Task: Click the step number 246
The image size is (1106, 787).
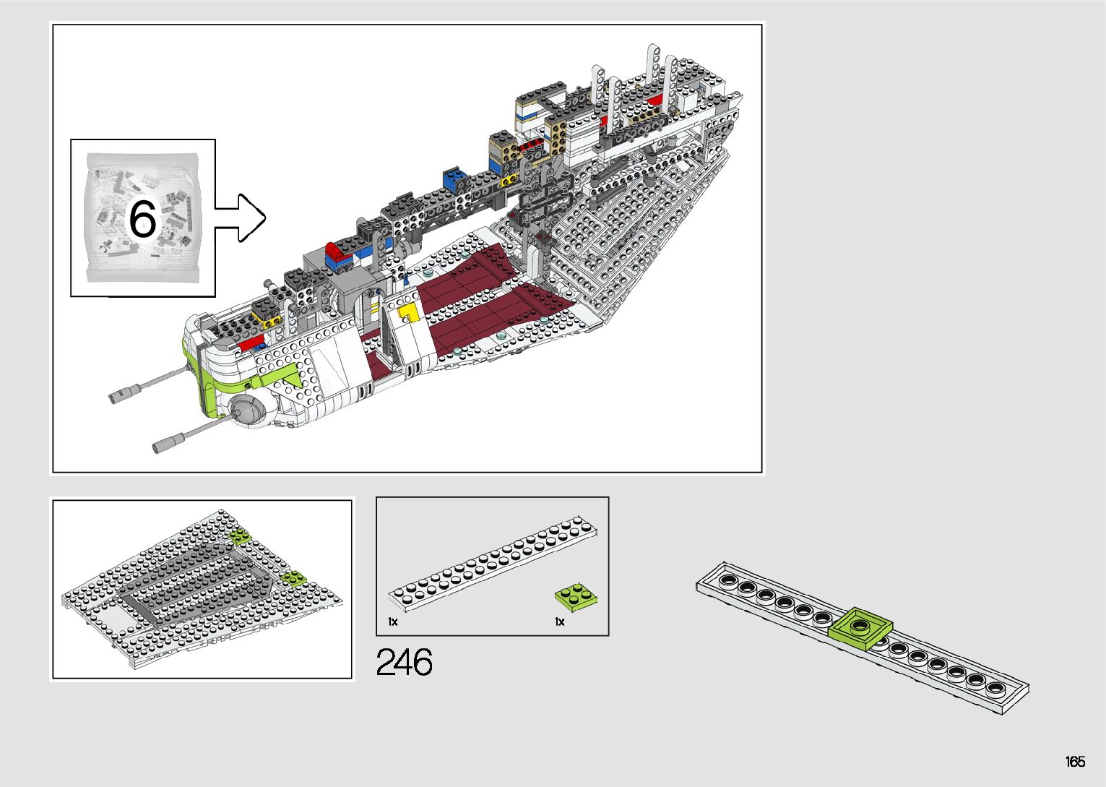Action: [404, 662]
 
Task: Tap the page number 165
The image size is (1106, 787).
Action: [1075, 762]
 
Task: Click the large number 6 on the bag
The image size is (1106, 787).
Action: [142, 218]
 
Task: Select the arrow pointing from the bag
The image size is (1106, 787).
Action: [241, 218]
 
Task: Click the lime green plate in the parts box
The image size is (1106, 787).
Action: [576, 597]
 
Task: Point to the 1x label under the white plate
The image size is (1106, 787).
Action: [393, 622]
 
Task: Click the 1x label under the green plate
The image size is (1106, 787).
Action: [560, 622]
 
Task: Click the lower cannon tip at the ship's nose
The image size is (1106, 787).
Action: [162, 444]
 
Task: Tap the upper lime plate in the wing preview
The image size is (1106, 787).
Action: [239, 536]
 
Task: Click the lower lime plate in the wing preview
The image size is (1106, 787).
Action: [294, 577]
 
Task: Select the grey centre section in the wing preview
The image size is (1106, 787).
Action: [195, 585]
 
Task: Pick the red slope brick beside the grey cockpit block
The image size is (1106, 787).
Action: [335, 252]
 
